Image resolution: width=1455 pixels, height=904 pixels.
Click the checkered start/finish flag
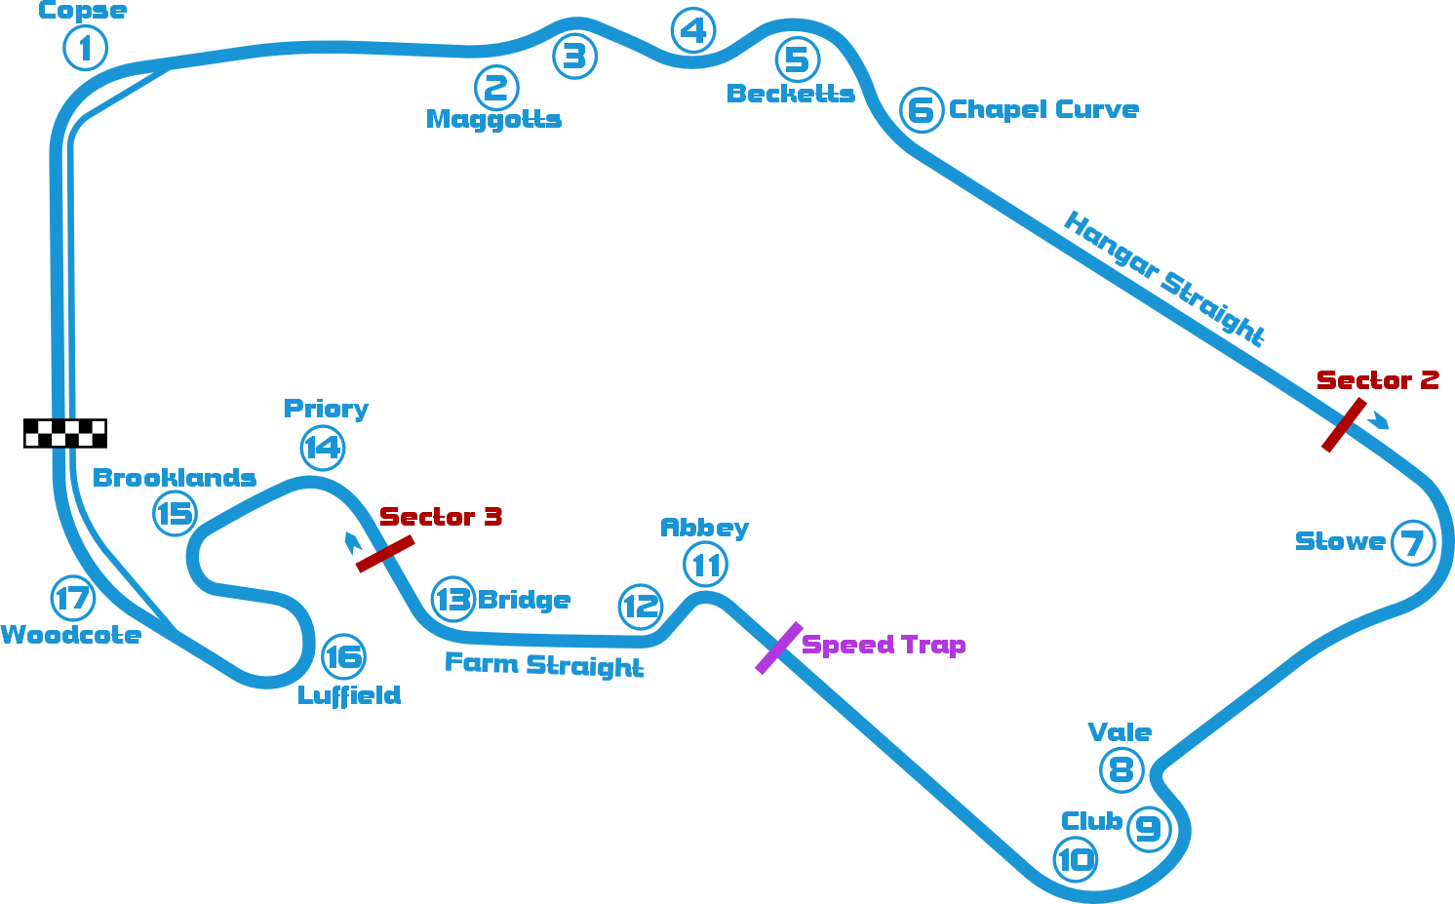64,433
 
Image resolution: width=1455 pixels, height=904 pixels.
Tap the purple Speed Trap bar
778,648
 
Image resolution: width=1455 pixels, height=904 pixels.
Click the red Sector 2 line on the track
1343,425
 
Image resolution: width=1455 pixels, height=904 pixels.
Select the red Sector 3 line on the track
384,553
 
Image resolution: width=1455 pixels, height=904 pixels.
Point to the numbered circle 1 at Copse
85,48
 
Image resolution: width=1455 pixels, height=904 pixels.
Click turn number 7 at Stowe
1413,542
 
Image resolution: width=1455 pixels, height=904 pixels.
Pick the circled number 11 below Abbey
706,565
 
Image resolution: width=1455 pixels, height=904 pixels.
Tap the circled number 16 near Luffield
343,656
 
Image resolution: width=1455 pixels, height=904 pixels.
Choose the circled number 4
693,30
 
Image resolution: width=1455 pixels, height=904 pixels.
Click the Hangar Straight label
1164,279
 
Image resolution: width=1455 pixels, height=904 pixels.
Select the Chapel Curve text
1043,109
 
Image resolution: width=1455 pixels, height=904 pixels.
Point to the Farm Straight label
544,664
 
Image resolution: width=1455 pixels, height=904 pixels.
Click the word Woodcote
71,635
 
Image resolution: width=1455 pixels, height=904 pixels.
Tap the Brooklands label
175,478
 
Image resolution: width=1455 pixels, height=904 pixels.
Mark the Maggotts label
493,119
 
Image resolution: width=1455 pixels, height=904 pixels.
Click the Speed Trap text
884,645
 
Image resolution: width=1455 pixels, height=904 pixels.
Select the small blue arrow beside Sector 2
1378,421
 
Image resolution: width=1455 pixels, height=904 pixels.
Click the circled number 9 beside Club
1149,829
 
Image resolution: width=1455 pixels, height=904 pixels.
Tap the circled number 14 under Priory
323,448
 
